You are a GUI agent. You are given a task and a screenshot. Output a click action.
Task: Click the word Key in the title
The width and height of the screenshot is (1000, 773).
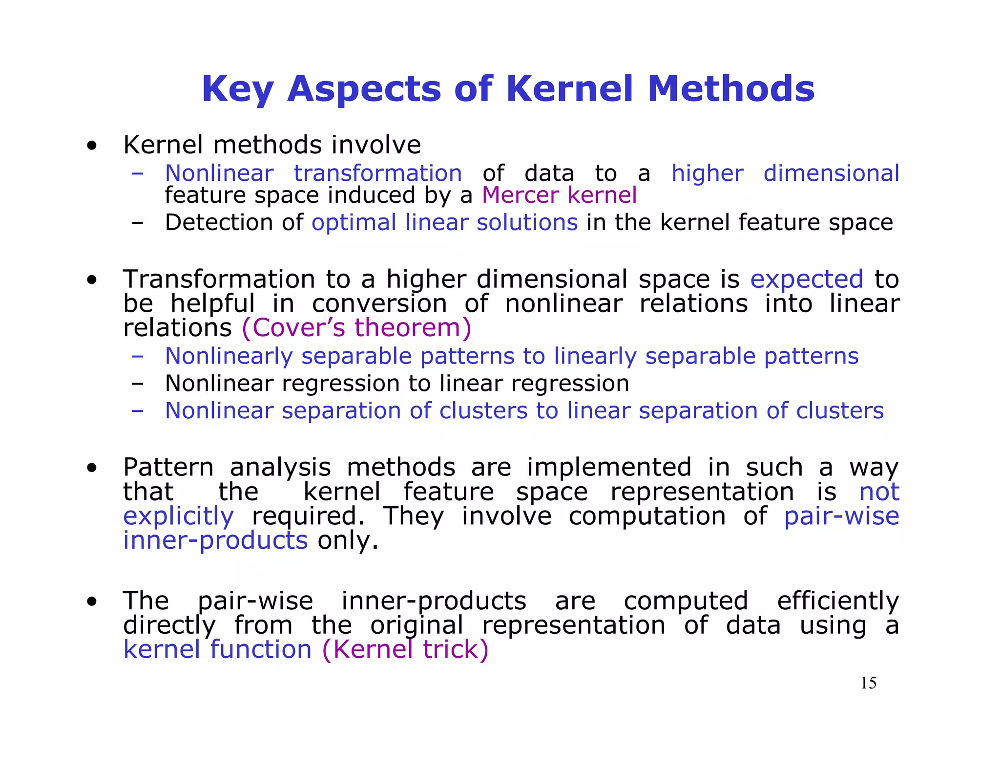point(238,89)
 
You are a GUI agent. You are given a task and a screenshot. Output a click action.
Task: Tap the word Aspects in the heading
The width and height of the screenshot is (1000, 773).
point(364,89)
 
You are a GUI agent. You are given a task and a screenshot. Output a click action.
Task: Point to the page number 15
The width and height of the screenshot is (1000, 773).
point(868,683)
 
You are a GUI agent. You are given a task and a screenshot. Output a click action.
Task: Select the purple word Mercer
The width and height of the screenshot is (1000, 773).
point(521,195)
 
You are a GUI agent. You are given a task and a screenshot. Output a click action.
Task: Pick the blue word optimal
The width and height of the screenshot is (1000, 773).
point(354,222)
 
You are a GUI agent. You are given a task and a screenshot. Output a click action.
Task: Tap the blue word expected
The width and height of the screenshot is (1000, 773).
point(807,279)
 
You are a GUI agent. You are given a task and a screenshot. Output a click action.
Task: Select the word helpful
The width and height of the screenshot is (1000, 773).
point(213,303)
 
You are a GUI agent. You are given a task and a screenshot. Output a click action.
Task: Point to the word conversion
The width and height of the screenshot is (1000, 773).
point(379,303)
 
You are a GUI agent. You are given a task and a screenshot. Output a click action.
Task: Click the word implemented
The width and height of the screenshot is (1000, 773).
point(609,467)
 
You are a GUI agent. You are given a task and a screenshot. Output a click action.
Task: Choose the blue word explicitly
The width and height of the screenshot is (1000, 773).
point(179,516)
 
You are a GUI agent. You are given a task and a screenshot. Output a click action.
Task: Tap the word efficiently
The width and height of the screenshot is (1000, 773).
point(838,601)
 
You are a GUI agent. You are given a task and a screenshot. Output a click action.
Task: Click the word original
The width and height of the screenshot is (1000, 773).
point(417,625)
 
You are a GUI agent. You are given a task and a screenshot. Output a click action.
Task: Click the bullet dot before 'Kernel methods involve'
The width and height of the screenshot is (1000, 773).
point(91,146)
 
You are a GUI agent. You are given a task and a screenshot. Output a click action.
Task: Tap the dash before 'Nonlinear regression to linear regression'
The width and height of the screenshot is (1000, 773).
point(137,384)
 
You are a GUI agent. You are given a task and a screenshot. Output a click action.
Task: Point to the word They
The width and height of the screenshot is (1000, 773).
point(414,516)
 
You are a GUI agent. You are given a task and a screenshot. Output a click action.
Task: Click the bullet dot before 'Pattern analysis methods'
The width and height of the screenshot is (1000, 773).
point(91,468)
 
